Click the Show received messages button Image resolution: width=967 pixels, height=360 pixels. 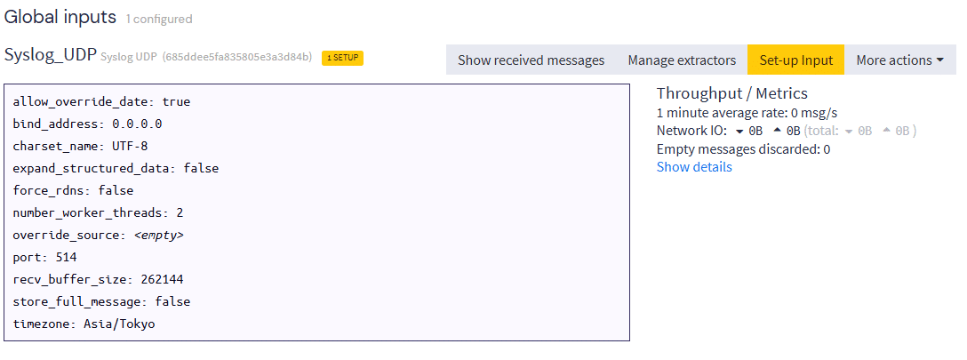(x=531, y=60)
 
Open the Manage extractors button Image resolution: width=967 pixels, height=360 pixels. (x=682, y=60)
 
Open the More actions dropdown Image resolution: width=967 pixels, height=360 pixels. (x=899, y=60)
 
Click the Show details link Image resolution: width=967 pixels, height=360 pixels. (x=694, y=167)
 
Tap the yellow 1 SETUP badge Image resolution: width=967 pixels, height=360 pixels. (x=342, y=57)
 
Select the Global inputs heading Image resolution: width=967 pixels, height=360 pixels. (x=60, y=17)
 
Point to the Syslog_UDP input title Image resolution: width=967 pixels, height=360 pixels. (x=51, y=55)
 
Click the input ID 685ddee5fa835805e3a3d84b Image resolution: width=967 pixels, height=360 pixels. (x=237, y=57)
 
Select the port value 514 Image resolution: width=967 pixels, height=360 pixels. (x=66, y=257)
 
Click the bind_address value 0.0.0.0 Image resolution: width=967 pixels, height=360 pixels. (x=137, y=124)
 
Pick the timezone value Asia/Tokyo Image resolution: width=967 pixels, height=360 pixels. (x=119, y=324)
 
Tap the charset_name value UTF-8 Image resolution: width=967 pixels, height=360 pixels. (x=130, y=146)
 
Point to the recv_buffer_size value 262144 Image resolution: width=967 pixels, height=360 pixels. (x=162, y=279)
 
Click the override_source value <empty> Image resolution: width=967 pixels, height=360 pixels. (x=158, y=235)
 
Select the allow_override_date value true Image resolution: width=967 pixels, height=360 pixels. (x=176, y=101)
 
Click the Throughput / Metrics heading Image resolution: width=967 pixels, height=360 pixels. (x=732, y=93)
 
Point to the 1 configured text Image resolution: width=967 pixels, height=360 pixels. (x=159, y=19)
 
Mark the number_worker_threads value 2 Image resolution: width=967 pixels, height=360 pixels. (x=180, y=212)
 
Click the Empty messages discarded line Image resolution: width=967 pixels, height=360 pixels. (x=743, y=149)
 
